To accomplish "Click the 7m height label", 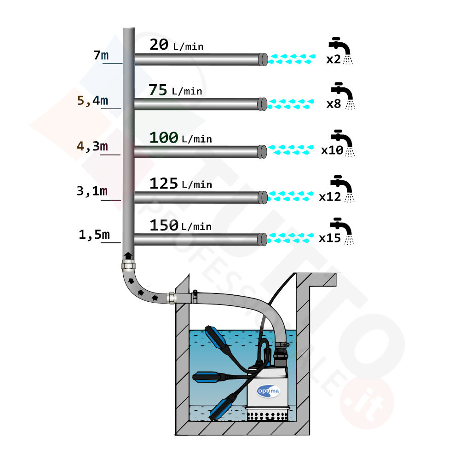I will (101, 56).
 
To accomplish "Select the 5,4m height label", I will (93, 100).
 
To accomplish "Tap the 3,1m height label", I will (92, 191).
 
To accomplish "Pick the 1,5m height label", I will (94, 235).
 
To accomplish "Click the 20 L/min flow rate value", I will (176, 45).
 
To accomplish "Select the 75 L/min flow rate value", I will (175, 90).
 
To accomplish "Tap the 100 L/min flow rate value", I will (180, 138).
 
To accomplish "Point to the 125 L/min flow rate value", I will (180, 184).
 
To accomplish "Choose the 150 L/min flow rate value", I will (180, 225).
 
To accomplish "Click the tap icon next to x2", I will (341, 49).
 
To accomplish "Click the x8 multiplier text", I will (333, 104).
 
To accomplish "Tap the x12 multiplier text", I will (330, 197).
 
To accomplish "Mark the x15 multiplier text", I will (330, 238).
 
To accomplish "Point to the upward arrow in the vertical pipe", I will (127, 256).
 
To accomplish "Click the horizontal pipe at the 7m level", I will (198, 59).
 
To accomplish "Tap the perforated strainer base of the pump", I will (267, 415).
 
